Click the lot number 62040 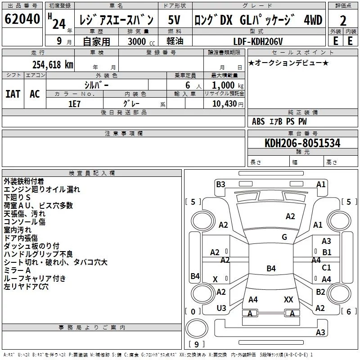coord(22,19)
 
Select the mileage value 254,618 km coord(53,64)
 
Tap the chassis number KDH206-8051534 coord(302,143)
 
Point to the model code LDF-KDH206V coord(258,41)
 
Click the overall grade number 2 coord(343,21)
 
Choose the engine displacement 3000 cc coord(141,41)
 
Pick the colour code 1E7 coord(74,104)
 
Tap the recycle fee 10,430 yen coord(228,104)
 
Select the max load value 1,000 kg coord(228,85)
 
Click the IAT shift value coord(13,94)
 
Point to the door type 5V coord(174,20)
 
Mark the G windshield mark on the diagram coord(284,237)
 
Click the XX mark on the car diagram coord(288,299)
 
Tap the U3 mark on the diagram coord(221,308)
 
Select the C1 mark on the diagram coord(326,267)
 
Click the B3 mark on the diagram coord(220,184)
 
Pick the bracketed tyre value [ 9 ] coord(197,344)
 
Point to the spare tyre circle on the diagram coord(197,328)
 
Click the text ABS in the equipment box coord(258,121)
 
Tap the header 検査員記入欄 coord(92,173)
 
